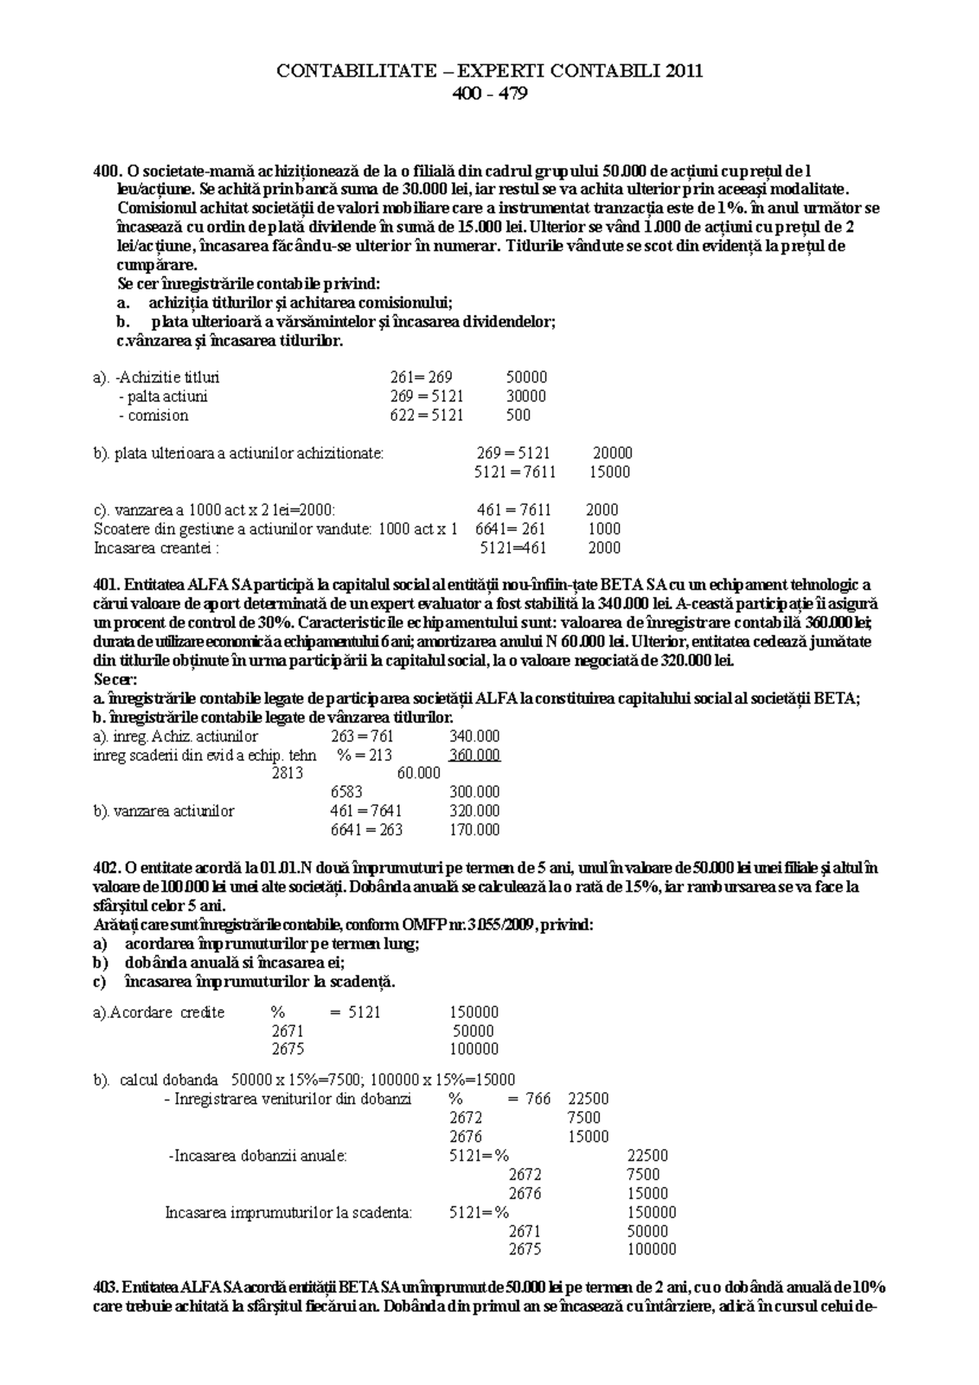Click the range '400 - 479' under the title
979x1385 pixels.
489,94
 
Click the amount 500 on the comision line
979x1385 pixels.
518,415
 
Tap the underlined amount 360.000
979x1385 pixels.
474,755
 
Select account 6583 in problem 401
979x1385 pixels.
347,792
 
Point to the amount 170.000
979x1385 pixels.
474,830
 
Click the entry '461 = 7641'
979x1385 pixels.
366,812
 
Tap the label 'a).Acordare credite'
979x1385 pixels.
159,1012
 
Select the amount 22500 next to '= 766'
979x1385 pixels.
588,1099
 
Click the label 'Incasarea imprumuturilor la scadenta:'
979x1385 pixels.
289,1212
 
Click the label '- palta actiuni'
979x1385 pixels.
163,396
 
